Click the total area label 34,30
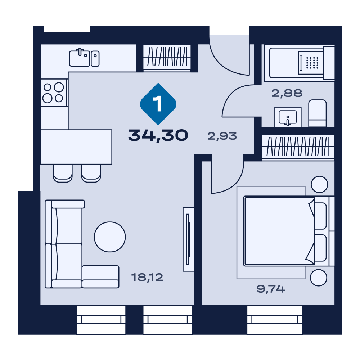click(x=158, y=135)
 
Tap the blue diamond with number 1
click(x=158, y=104)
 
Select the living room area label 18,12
click(x=147, y=277)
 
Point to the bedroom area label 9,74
click(x=271, y=289)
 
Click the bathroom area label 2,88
click(x=287, y=93)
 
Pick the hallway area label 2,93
click(x=222, y=136)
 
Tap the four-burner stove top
click(x=54, y=93)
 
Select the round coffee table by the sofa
click(x=110, y=237)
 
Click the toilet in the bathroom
click(x=318, y=113)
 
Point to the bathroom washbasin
click(x=288, y=117)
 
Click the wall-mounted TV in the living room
click(x=188, y=239)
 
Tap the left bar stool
click(x=63, y=174)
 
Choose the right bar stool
click(x=91, y=174)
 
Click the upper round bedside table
click(x=319, y=184)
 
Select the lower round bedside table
click(x=319, y=278)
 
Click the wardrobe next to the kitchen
click(x=167, y=58)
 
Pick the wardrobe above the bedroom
click(x=298, y=147)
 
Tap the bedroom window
click(x=275, y=320)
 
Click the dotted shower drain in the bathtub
click(x=312, y=63)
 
